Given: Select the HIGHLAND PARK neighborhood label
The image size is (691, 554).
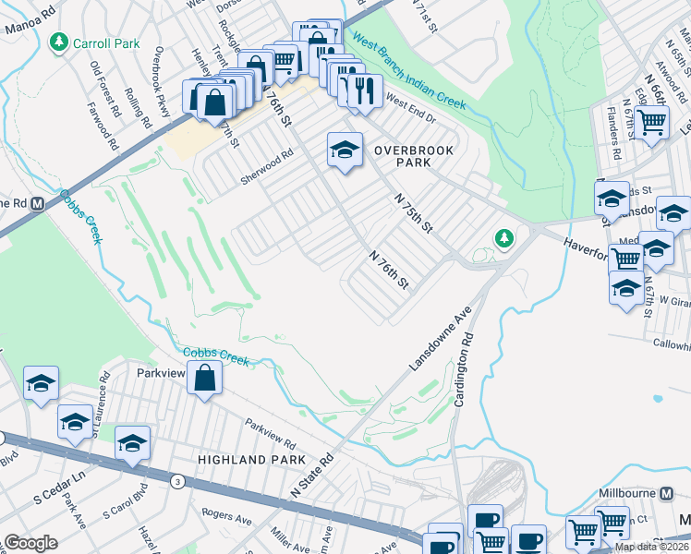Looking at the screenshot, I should point(244,459).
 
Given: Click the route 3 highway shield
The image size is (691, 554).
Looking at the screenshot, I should point(176,481).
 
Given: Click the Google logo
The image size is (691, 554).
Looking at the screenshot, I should point(30,543).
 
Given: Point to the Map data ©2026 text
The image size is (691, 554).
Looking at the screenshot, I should point(651,547).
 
